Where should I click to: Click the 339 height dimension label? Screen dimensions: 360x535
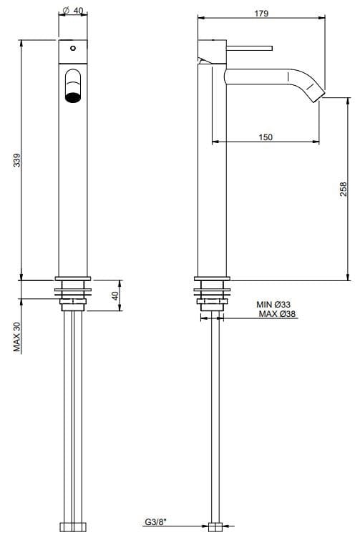(x=16, y=160)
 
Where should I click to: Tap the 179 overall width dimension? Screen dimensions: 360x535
(x=262, y=14)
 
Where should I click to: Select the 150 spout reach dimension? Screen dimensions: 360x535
(x=266, y=137)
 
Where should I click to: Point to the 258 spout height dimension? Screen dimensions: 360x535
(x=344, y=189)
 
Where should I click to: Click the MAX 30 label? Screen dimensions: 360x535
(x=16, y=337)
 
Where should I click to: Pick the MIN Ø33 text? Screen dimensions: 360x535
(x=273, y=304)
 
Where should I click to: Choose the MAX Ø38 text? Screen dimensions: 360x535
(x=277, y=313)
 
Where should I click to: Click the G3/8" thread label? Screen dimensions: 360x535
(x=156, y=521)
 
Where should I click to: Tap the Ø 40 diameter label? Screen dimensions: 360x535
(x=73, y=11)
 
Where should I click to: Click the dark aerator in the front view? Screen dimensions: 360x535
(x=73, y=97)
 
